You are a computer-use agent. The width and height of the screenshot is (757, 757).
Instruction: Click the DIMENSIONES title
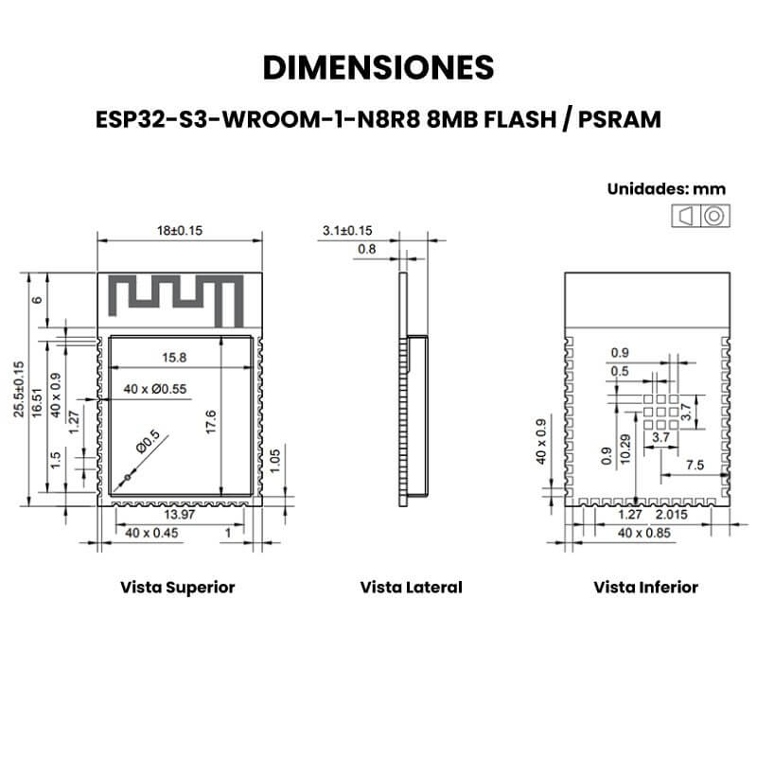378,67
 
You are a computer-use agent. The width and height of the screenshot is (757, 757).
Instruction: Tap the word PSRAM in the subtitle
620,120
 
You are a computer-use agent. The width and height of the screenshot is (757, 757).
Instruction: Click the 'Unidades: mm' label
666,188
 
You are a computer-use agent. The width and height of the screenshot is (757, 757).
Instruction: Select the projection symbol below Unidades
700,216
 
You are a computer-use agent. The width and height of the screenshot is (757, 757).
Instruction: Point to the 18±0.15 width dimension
180,230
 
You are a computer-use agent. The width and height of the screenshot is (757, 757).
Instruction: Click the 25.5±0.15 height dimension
18,389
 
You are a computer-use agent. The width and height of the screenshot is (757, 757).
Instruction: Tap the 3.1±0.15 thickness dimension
347,230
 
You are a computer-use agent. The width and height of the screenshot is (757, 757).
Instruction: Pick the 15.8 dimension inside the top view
174,358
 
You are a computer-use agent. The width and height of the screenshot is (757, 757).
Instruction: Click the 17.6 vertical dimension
210,422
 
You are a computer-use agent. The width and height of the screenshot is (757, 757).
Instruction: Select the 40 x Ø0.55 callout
155,389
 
